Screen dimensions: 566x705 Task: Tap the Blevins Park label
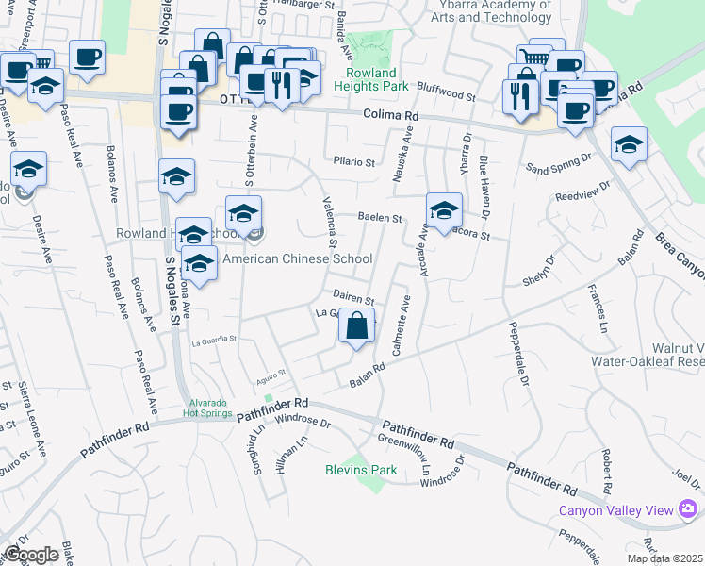(x=361, y=469)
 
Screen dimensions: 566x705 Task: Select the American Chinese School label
(x=298, y=258)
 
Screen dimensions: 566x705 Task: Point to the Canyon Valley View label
(x=616, y=510)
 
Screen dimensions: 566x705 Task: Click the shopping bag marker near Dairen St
(x=356, y=328)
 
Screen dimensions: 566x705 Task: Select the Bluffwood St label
(x=447, y=94)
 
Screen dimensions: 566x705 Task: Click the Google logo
(x=31, y=555)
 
